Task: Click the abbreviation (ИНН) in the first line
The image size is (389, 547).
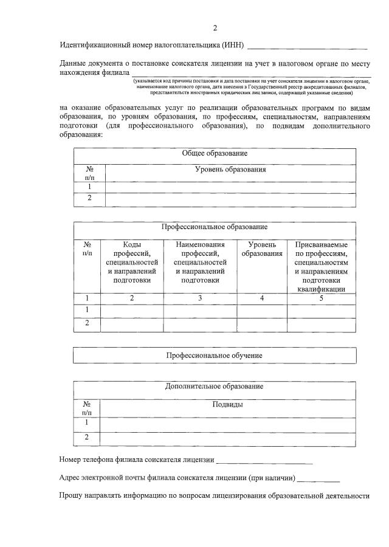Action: click(x=233, y=46)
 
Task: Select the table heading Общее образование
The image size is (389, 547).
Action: click(x=215, y=154)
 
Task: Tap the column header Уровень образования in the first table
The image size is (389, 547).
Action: click(x=230, y=170)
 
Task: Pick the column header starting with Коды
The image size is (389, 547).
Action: click(x=132, y=261)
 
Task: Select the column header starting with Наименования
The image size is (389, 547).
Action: click(x=200, y=261)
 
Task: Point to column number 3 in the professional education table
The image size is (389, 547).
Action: click(x=200, y=298)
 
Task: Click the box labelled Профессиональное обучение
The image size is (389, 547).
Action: click(x=215, y=355)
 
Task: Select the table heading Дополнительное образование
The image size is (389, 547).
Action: click(x=215, y=387)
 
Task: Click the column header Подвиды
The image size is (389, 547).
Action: click(x=228, y=404)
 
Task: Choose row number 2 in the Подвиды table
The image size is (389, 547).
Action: click(x=87, y=438)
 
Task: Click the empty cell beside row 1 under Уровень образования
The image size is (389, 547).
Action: click(x=230, y=187)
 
